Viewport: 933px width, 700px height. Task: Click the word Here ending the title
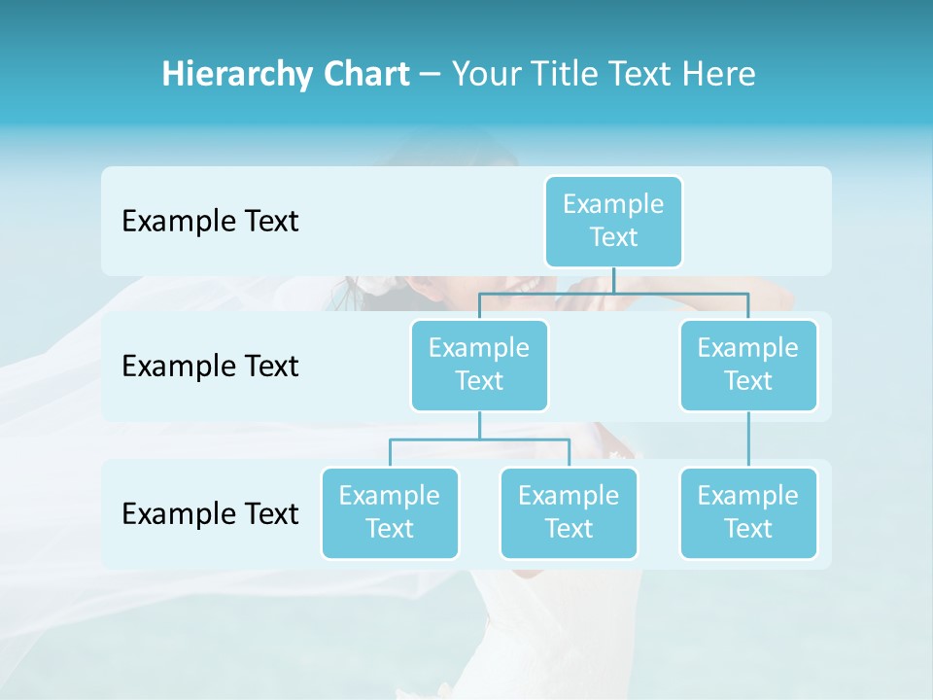718,74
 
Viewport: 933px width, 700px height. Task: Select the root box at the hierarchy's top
613,221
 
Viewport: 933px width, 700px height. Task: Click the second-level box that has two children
479,365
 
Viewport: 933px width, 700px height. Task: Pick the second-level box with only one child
748,365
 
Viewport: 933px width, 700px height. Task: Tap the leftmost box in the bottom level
390,512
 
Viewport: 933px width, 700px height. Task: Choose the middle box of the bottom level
569,512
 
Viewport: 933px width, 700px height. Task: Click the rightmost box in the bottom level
748,512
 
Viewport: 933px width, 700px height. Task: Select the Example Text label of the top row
210,222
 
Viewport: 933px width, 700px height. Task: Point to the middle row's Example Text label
210,367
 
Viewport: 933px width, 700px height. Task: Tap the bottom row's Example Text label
210,513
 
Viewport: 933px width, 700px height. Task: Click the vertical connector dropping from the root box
613,280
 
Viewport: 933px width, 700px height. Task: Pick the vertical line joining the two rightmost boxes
748,439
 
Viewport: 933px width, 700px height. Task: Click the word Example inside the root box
613,204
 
